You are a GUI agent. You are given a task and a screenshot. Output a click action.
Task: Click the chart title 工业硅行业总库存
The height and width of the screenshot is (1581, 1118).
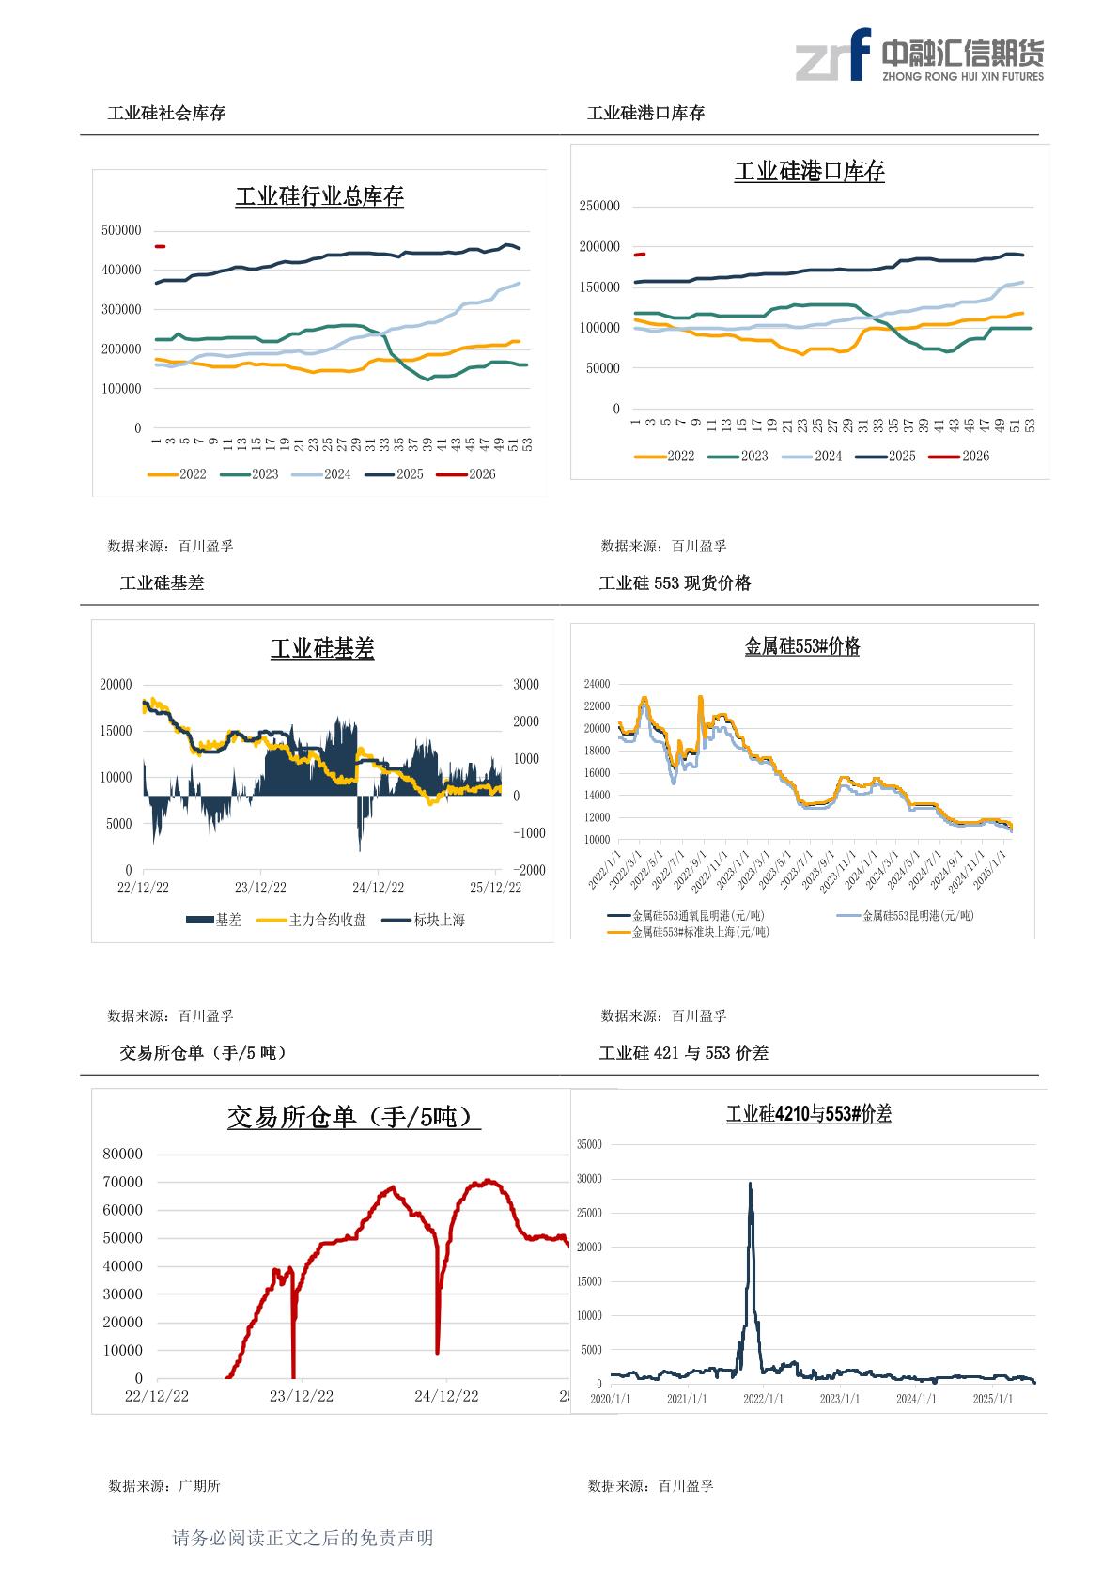pyautogui.click(x=319, y=197)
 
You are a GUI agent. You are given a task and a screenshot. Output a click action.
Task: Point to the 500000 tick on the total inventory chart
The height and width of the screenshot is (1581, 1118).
pyautogui.click(x=121, y=230)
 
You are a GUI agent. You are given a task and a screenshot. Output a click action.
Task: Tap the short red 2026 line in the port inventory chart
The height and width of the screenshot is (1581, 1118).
pyautogui.click(x=640, y=254)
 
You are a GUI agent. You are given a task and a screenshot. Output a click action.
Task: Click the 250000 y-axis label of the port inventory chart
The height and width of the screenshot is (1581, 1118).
pyautogui.click(x=599, y=207)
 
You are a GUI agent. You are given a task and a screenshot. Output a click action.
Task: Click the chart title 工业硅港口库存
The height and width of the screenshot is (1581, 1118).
pyautogui.click(x=809, y=172)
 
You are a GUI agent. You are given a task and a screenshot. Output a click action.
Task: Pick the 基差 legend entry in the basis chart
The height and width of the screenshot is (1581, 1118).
pyautogui.click(x=215, y=921)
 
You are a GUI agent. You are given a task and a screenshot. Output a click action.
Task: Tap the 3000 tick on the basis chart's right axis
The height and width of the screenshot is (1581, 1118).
pyautogui.click(x=526, y=685)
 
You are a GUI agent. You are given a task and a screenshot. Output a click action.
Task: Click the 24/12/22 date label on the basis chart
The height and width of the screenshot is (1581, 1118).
pyautogui.click(x=378, y=888)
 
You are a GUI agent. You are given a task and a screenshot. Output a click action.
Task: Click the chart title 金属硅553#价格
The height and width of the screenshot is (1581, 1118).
pyautogui.click(x=802, y=647)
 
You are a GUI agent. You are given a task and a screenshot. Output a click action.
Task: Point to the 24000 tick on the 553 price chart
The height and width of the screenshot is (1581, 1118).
pyautogui.click(x=597, y=684)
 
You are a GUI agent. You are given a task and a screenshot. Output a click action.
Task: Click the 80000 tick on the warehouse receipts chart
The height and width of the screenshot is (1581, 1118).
pyautogui.click(x=123, y=1155)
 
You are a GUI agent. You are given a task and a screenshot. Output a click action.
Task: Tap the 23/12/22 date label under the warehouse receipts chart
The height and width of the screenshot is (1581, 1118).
pyautogui.click(x=302, y=1397)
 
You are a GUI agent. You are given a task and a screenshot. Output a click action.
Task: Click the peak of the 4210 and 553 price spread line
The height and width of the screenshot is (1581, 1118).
pyautogui.click(x=750, y=1184)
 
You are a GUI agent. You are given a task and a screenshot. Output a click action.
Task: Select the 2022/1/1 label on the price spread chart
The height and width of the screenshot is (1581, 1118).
pyautogui.click(x=763, y=1399)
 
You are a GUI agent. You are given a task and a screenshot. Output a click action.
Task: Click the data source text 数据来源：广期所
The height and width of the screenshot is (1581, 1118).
pyautogui.click(x=164, y=1486)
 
